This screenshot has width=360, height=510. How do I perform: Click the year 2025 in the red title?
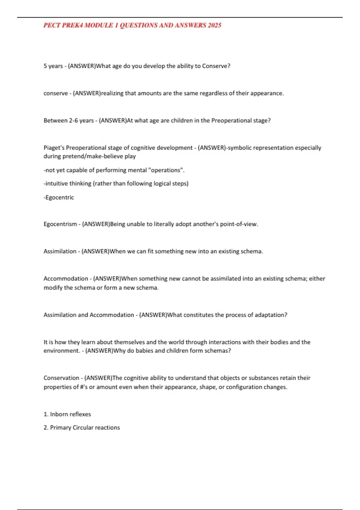pyautogui.click(x=214, y=25)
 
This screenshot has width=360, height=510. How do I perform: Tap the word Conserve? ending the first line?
pyautogui.click(x=216, y=66)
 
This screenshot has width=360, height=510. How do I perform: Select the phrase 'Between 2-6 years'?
pyautogui.click(x=69, y=121)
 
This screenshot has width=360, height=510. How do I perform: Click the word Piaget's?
pyautogui.click(x=54, y=148)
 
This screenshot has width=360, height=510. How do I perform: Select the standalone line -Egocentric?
pyautogui.click(x=59, y=197)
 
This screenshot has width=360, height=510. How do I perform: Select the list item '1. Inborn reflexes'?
pyautogui.click(x=67, y=414)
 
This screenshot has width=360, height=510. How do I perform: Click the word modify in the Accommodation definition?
pyautogui.click(x=53, y=288)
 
